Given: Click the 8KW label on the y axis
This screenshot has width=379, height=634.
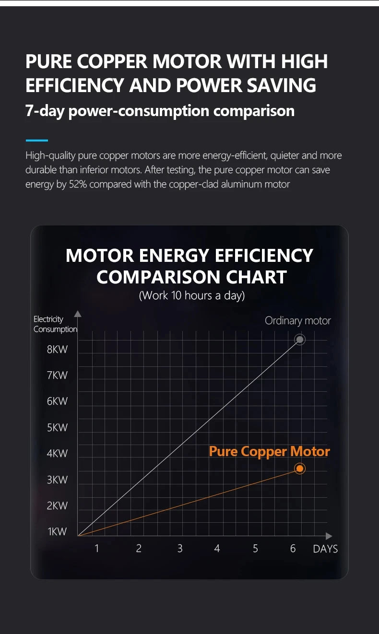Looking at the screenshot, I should coord(57,350).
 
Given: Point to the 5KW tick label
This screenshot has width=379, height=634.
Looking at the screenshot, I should coord(57,427).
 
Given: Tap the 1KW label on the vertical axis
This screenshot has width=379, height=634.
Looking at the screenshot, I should coord(57,531).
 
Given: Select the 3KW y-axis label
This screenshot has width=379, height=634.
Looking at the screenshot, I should coord(57,480).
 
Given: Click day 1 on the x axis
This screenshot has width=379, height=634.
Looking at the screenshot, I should coord(96,548).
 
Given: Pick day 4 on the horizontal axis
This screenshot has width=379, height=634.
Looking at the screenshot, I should coord(217,548).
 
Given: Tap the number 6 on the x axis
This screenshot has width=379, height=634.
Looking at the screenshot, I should coord(293,548).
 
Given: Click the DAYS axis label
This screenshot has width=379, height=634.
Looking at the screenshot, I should coord(325,549).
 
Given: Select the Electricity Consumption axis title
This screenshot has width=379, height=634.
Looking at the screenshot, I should coord(55,324).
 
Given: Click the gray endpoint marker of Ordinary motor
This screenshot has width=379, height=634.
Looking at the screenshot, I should coord(300,340).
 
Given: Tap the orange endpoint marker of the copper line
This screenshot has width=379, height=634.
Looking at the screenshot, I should coord(300,468).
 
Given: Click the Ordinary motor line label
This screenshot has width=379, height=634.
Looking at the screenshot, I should coord(297,321).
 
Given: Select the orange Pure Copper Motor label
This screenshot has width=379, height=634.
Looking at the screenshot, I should coord(269,452).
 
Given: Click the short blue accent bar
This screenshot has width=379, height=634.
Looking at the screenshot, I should coord(36,141).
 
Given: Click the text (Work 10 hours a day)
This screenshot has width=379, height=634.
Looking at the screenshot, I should coord(191,295).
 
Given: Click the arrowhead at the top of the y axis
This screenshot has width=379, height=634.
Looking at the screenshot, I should coord(78,314).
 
